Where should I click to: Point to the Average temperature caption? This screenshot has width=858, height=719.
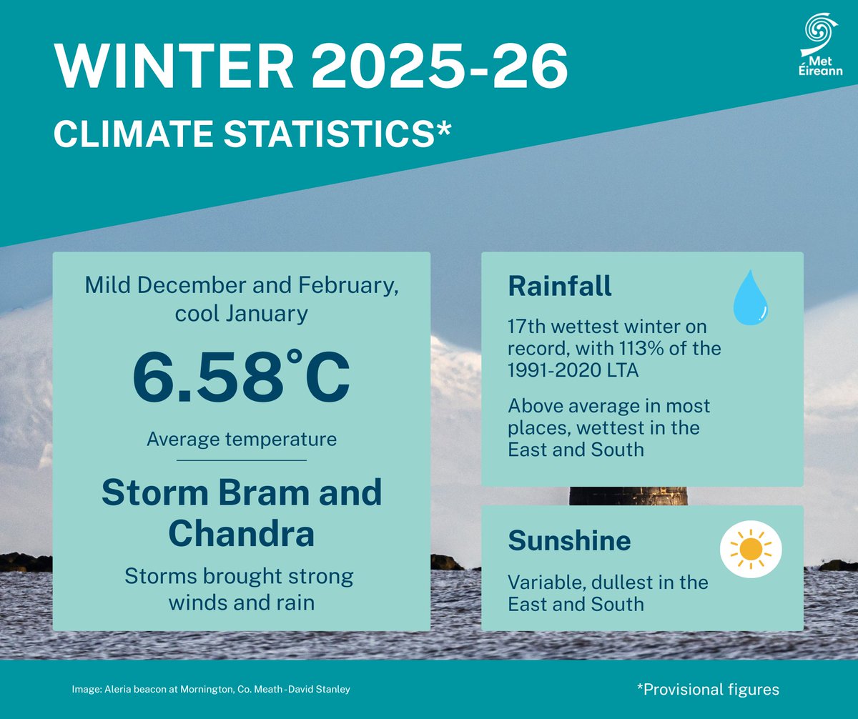pyautogui.click(x=242, y=438)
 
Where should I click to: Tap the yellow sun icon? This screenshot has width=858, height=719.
pyautogui.click(x=751, y=549)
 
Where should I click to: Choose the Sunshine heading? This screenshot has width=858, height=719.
pyautogui.click(x=569, y=541)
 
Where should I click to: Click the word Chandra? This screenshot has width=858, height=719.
pyautogui.click(x=242, y=532)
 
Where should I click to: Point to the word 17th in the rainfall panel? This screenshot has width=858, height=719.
pyautogui.click(x=530, y=328)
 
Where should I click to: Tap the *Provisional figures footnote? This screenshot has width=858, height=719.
pyautogui.click(x=707, y=689)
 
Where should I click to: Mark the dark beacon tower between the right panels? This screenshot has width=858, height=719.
pyautogui.click(x=628, y=496)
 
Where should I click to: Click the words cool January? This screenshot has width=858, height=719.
pyautogui.click(x=242, y=313)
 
